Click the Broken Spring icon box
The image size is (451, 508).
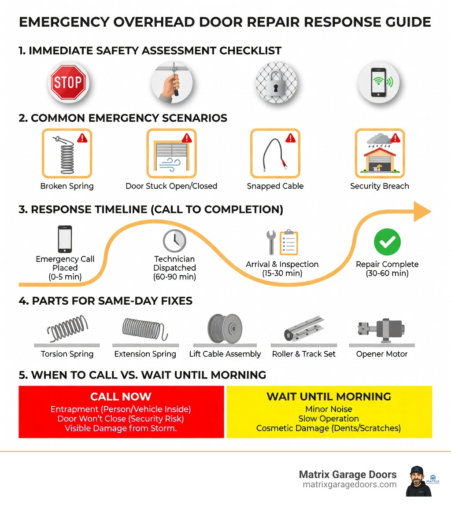pyautogui.click(x=67, y=153)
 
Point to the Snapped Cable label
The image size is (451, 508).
pyautogui.click(x=275, y=186)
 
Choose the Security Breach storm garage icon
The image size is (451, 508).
pyautogui.click(x=379, y=153)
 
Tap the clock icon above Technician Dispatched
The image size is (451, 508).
pyautogui.click(x=174, y=240)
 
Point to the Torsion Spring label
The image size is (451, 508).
pyautogui.click(x=67, y=354)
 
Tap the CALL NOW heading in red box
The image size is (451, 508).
pyautogui.click(x=120, y=396)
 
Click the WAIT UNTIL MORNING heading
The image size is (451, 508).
pyautogui.click(x=329, y=396)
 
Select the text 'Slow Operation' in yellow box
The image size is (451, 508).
pyautogui.click(x=329, y=419)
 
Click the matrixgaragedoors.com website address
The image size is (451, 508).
pyautogui.click(x=350, y=484)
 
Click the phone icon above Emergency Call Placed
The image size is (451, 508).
pyautogui.click(x=65, y=239)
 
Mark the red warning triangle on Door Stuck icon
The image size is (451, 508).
pyautogui.click(x=186, y=138)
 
